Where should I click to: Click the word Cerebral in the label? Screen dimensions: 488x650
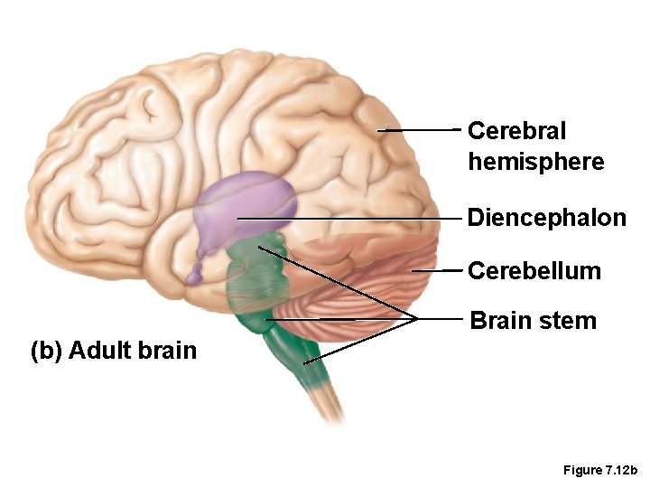(x=516, y=131)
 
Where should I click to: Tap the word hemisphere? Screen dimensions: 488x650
(x=535, y=163)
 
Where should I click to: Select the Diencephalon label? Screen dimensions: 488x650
(x=546, y=218)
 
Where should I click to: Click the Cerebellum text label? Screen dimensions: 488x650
(x=534, y=271)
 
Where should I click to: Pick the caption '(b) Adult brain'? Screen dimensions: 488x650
(x=113, y=350)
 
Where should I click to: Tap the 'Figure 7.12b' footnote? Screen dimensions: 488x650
(x=599, y=470)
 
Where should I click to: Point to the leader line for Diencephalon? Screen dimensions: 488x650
(x=352, y=219)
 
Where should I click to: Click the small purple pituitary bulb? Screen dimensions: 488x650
(x=196, y=274)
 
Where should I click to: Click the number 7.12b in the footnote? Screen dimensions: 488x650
(x=619, y=470)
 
